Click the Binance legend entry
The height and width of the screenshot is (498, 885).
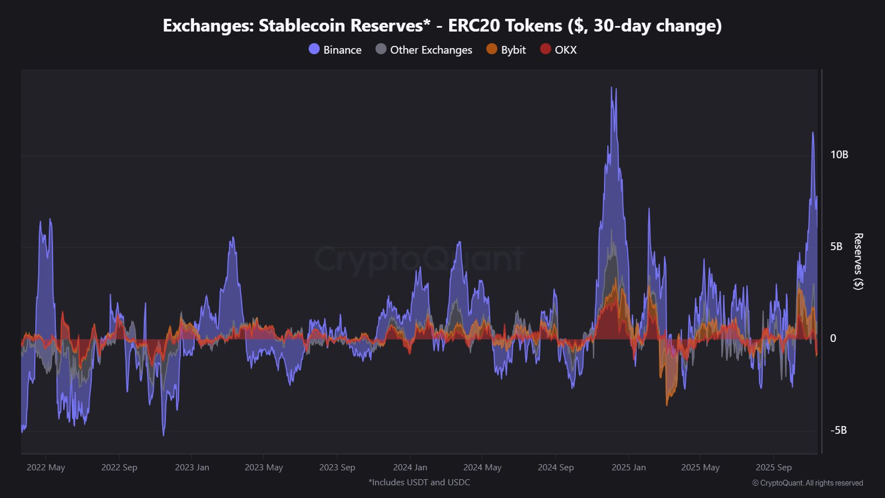coord(335,50)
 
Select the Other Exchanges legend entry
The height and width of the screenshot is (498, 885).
coord(424,50)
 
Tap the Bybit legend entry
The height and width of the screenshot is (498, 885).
coord(506,50)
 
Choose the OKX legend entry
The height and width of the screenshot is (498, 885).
coord(559,50)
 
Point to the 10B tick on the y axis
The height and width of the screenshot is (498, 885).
coord(839,155)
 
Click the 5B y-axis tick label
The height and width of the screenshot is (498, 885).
coord(836,247)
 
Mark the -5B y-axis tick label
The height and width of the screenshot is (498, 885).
coord(838,430)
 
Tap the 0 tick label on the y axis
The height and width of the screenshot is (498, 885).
coord(833,339)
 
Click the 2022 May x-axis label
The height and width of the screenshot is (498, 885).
coord(46,468)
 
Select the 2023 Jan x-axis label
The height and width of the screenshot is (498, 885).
coord(192,468)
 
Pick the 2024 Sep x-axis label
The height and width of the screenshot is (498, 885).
coord(555,468)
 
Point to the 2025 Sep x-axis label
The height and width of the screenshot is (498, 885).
coord(773,468)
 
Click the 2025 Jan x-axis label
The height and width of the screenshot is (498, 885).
coord(628,468)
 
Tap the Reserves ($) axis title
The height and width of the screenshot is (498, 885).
coord(858,261)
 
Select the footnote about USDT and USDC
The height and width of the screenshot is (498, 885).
coord(419,483)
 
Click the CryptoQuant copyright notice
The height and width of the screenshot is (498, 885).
coord(807,483)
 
